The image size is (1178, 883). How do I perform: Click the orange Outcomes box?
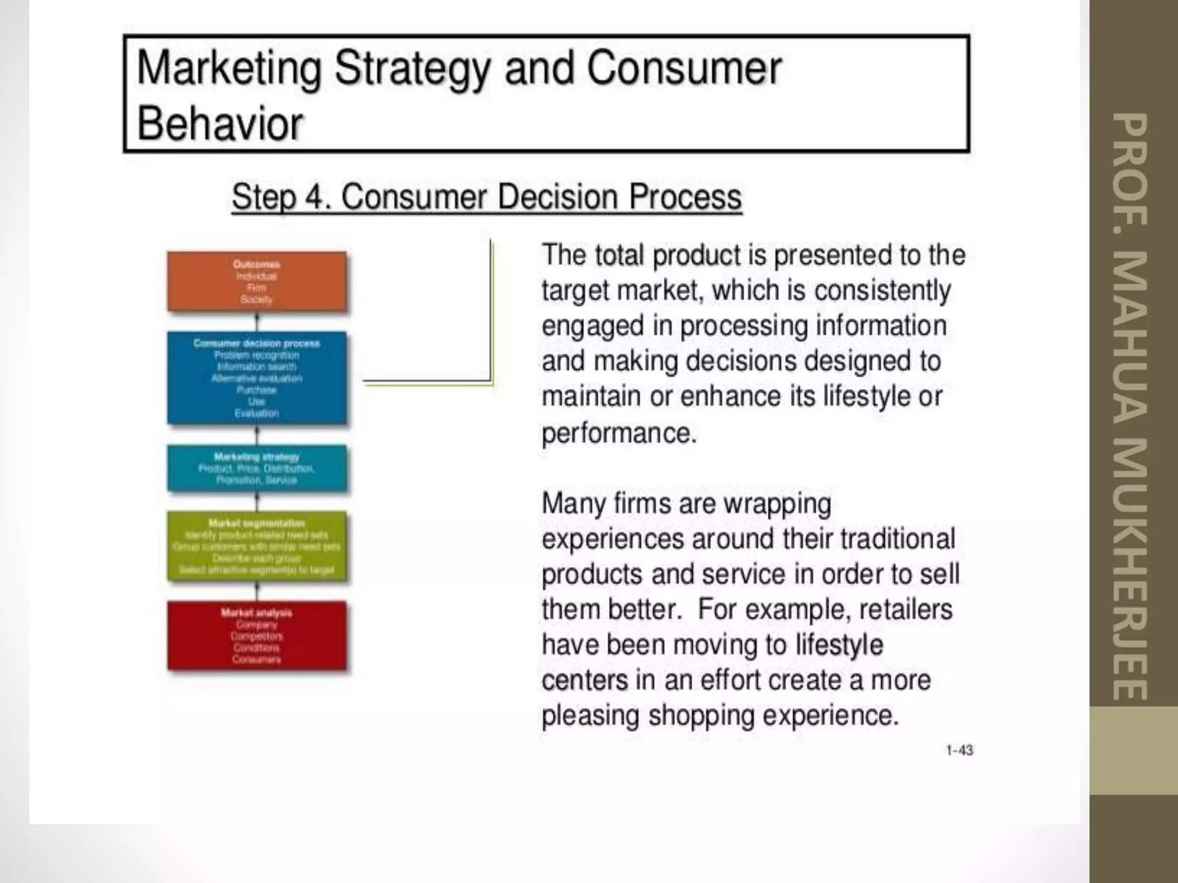tap(257, 282)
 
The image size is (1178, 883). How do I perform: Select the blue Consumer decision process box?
tap(257, 378)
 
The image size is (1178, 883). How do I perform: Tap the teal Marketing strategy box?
tap(257, 469)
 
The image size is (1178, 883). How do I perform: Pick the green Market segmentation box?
tap(257, 547)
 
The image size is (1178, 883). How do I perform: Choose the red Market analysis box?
tap(257, 636)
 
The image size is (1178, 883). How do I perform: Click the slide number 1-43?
tap(959, 750)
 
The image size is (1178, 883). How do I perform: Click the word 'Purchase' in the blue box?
tap(257, 390)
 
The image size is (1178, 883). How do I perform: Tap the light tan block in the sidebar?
tap(1133, 750)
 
